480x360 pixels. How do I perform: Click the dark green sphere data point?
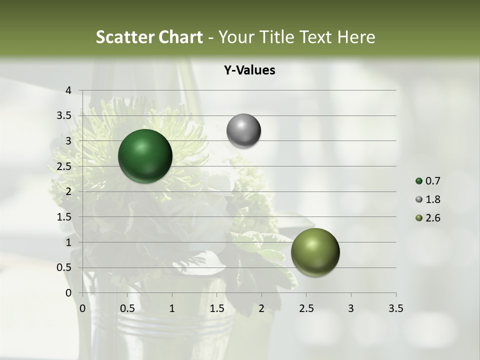coord(145,156)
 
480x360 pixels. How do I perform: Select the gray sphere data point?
coord(243,131)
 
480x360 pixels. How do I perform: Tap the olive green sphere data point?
coord(315,252)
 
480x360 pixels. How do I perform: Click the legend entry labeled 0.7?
coord(428,181)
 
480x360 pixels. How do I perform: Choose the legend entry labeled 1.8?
coord(428,199)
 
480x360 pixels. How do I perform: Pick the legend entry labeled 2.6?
coord(428,218)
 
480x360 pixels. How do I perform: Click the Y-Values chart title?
coord(249,70)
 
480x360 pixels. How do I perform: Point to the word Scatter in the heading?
coord(126,37)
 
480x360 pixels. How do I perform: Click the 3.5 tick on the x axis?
coord(395,308)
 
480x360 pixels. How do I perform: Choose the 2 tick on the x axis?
coord(261,308)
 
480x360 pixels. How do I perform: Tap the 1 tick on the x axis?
coord(172,308)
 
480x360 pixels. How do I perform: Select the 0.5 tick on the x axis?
coord(127,308)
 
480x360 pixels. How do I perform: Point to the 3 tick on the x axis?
coord(351,308)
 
